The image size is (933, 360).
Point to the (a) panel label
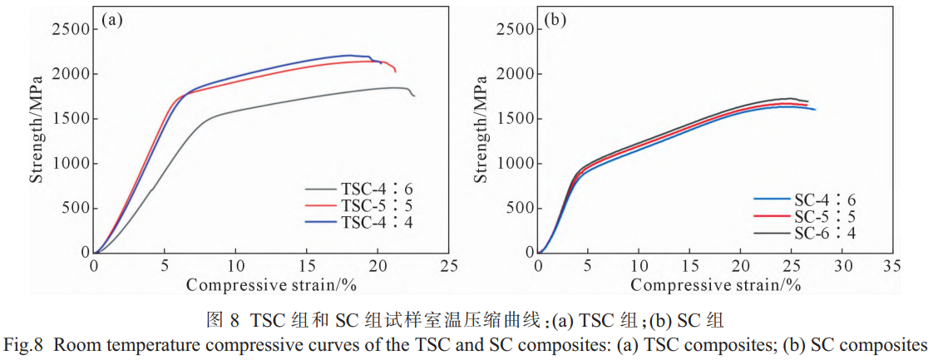click(112, 20)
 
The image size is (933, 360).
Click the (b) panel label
click(555, 20)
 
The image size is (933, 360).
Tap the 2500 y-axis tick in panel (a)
click(70, 29)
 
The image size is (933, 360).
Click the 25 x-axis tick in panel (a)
click(449, 266)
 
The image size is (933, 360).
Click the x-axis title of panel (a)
click(271, 285)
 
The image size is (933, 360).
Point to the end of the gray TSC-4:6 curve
click(413, 96)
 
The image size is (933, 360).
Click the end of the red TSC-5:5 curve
click(395, 72)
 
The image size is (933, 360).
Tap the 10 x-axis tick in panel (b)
click(639, 266)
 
